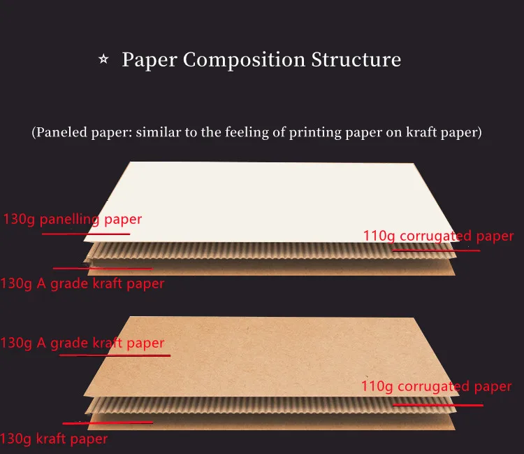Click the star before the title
103,60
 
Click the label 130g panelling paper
73,219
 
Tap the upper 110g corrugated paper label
438,236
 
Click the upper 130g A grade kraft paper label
82,283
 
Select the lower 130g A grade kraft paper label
82,343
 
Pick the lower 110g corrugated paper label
436,386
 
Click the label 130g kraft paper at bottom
54,439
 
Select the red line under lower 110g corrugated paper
437,404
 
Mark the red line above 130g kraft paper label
108,423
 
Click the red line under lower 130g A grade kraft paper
115,355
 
